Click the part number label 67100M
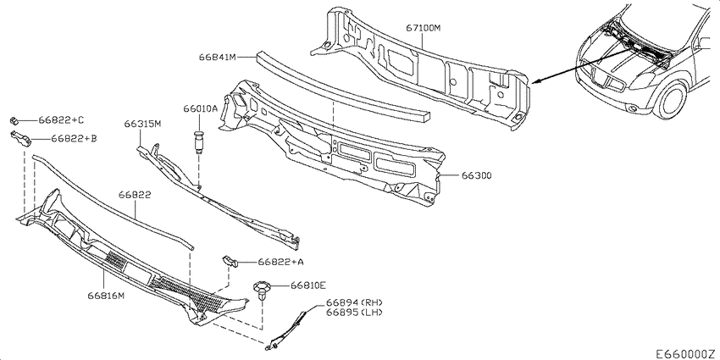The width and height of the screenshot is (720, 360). click(x=423, y=28)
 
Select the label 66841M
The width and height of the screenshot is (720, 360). click(x=217, y=58)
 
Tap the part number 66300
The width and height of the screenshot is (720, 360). click(x=477, y=175)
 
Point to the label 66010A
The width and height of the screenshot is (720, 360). click(x=200, y=108)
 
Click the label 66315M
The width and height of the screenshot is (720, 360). click(x=142, y=124)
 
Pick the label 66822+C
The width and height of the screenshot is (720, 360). click(x=61, y=120)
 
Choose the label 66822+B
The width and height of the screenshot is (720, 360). click(x=74, y=138)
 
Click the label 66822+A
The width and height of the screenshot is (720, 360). click(x=280, y=263)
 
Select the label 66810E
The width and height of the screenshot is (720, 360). click(x=307, y=285)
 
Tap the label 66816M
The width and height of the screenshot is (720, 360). click(x=106, y=296)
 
